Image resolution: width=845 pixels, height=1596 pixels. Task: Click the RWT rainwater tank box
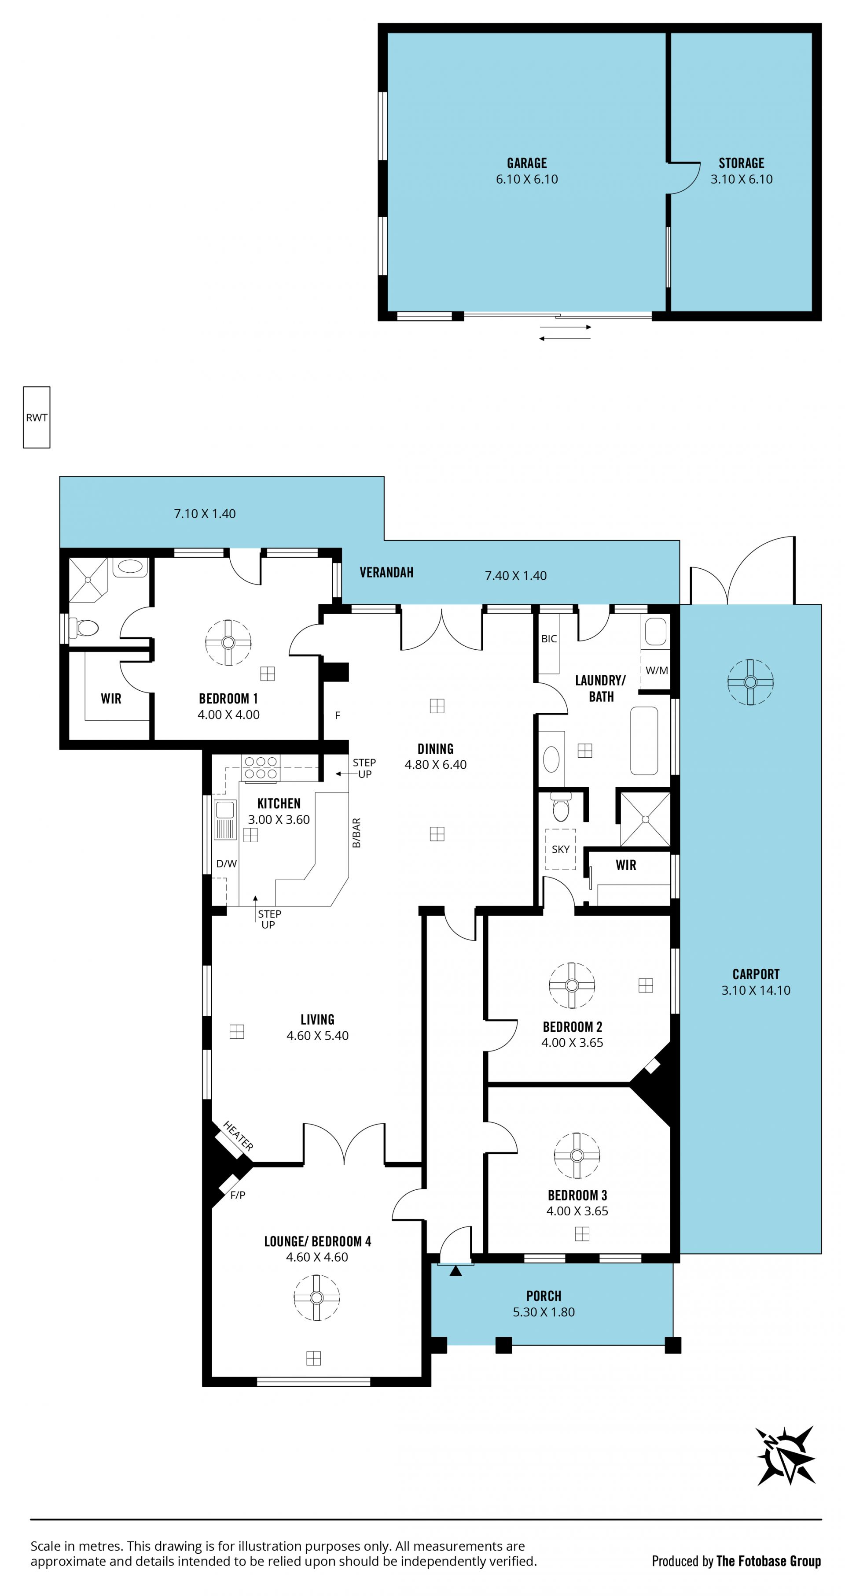(x=37, y=418)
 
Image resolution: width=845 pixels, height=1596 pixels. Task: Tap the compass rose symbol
(x=786, y=1455)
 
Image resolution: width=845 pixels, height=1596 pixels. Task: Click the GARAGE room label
(x=527, y=163)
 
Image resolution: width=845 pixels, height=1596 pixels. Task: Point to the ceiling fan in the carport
(x=750, y=682)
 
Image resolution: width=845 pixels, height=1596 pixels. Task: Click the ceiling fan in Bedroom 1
(x=228, y=642)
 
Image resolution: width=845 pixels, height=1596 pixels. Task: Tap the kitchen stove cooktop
(x=261, y=768)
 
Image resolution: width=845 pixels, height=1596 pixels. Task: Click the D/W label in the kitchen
(x=227, y=864)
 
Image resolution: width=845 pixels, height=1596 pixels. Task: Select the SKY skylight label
(x=560, y=849)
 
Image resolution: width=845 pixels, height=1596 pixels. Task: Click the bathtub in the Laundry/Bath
(x=644, y=741)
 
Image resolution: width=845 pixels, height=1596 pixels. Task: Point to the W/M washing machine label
(x=657, y=670)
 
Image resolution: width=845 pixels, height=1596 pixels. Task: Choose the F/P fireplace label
(x=238, y=1195)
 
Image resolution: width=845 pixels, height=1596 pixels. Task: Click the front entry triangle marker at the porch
(x=456, y=1271)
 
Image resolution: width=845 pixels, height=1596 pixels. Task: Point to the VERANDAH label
(x=386, y=573)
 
